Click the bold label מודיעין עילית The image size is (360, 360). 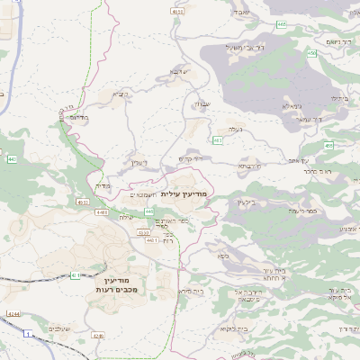pyautogui.click(x=188, y=193)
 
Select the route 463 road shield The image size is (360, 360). pyautogui.click(x=219, y=140)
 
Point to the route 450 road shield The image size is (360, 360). pyautogui.click(x=310, y=54)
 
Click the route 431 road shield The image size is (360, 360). pyautogui.click(x=75, y=275)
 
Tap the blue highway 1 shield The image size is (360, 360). pyautogui.click(x=27, y=334)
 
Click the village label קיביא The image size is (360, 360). pyautogui.click(x=121, y=93)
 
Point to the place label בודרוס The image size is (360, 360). pyautogui.click(x=78, y=116)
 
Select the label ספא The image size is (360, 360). pyautogui.click(x=221, y=256)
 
